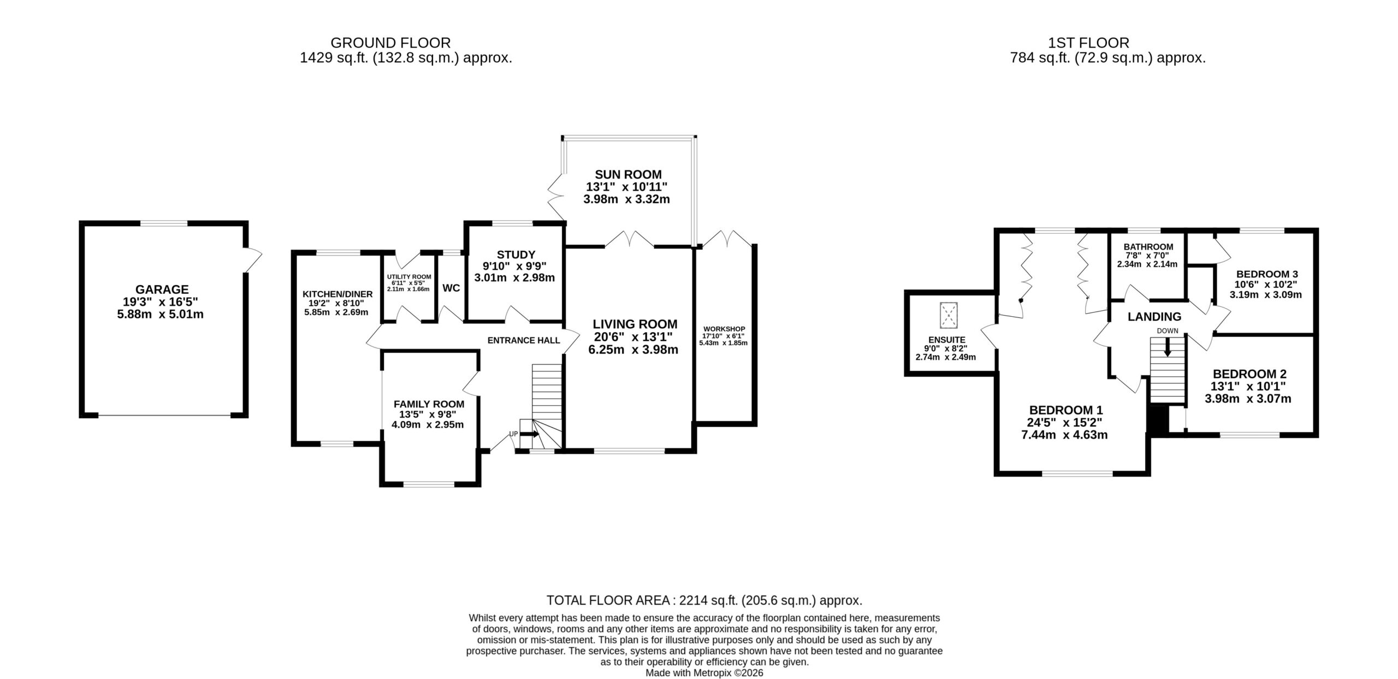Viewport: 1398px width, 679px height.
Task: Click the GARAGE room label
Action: point(162,290)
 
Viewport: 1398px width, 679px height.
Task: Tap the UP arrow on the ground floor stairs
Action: point(529,434)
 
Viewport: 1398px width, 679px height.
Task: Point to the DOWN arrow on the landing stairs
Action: point(1168,347)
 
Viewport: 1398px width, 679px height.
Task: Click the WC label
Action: point(451,288)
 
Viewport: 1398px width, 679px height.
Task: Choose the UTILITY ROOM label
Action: point(409,277)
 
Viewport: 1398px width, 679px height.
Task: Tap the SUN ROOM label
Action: point(628,175)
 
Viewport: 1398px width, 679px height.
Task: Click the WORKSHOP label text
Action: point(724,329)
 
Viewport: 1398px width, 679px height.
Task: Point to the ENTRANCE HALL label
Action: point(524,340)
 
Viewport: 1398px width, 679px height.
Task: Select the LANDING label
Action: point(1154,316)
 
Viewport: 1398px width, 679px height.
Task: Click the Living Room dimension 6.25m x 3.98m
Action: point(633,350)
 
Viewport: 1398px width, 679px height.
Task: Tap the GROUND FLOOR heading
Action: point(391,43)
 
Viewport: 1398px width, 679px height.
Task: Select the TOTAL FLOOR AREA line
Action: point(704,601)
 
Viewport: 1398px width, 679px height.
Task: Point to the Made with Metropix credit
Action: point(704,673)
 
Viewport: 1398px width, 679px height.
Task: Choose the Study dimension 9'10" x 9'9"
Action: point(514,266)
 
